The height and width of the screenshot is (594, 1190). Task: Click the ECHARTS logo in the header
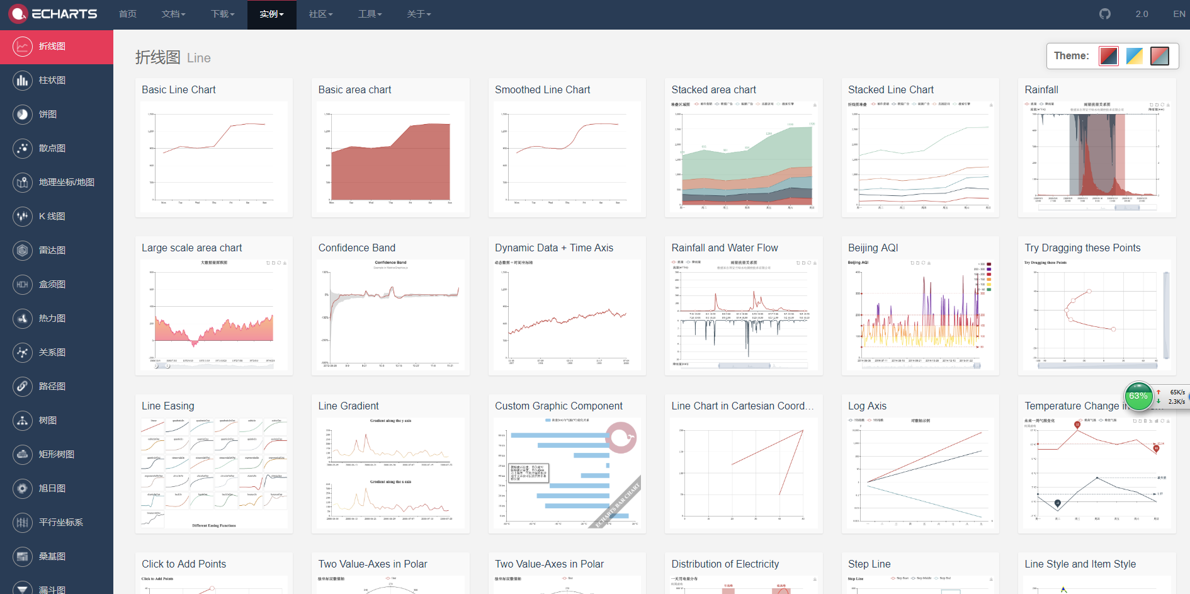[x=53, y=14]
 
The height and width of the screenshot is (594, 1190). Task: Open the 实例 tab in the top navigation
[x=271, y=14]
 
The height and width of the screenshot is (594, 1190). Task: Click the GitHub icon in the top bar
[x=1105, y=14]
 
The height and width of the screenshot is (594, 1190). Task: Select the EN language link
[x=1179, y=14]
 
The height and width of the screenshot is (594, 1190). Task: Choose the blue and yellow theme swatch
[x=1134, y=56]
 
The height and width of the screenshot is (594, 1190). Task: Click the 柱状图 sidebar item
[x=52, y=80]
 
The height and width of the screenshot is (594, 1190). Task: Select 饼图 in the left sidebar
[x=48, y=114]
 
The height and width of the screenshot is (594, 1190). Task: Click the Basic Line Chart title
[x=179, y=89]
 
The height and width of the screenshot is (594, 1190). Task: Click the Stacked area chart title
[x=713, y=89]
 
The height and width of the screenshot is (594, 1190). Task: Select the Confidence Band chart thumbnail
[x=390, y=315]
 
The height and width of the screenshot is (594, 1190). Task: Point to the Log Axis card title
[x=867, y=406]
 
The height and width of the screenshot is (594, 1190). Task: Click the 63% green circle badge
[x=1138, y=396]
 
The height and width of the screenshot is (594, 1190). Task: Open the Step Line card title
[x=869, y=564]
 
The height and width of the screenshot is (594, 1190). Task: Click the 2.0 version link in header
[x=1142, y=14]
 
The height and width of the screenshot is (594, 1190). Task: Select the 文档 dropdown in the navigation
[x=173, y=14]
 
